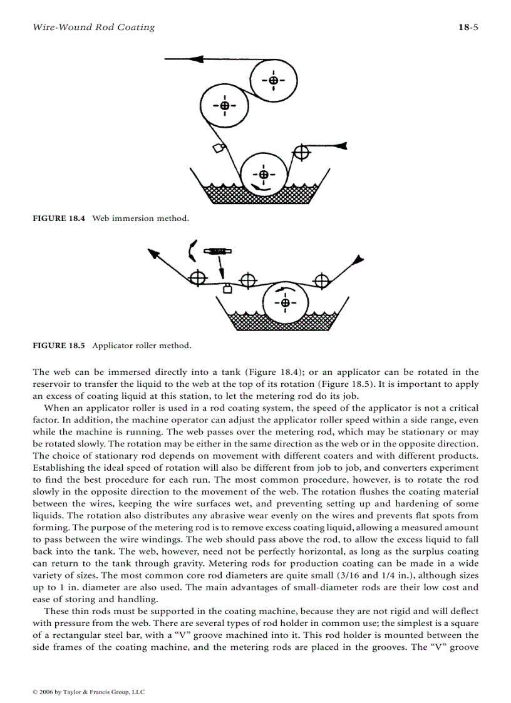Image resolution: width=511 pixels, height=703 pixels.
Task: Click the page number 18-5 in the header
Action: (468, 27)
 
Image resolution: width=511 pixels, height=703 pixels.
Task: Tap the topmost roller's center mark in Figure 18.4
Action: (274, 80)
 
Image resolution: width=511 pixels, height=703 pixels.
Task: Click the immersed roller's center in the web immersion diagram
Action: (264, 174)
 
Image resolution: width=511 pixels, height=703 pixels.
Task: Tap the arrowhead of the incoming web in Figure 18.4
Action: (340, 146)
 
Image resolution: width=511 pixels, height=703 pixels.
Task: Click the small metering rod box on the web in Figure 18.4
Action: (219, 148)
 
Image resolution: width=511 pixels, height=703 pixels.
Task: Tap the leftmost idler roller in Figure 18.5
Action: (198, 277)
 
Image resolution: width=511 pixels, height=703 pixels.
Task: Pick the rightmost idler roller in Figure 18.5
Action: (322, 280)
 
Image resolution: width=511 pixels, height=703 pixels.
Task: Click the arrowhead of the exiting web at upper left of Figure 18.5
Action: (152, 253)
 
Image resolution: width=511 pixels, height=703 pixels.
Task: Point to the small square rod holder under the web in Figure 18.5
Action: (228, 289)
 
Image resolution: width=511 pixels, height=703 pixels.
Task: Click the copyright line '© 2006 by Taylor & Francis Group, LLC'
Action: (88, 692)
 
